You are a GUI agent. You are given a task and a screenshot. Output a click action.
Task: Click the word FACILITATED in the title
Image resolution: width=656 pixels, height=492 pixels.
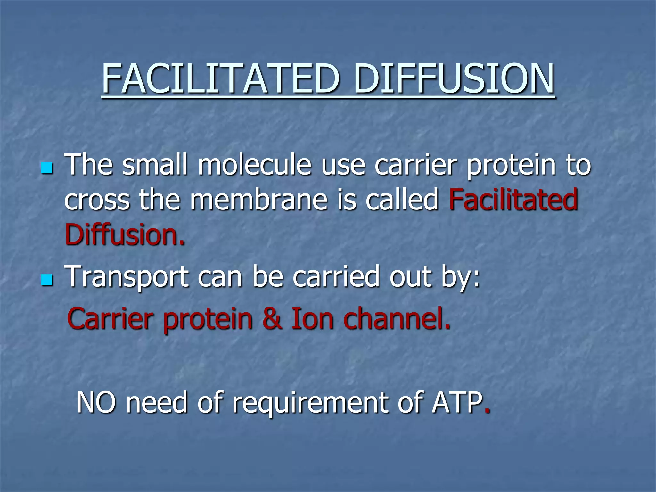220,78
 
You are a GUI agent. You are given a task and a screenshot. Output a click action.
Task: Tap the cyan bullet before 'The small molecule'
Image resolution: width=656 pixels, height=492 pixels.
47,168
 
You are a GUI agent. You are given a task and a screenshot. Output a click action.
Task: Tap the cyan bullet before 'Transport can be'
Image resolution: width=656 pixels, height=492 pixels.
47,280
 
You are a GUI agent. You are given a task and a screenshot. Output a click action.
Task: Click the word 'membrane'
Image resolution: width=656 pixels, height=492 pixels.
259,200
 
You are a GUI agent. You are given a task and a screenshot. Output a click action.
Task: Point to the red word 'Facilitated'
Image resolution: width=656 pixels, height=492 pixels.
513,200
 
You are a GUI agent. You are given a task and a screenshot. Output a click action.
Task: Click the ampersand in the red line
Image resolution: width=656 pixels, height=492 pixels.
272,319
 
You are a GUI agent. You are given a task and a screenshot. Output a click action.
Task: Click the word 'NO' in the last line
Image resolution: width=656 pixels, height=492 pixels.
96,403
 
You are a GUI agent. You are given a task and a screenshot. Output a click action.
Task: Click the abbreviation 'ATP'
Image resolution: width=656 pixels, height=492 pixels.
457,403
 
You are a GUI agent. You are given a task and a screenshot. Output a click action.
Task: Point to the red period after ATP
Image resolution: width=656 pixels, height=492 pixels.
487,412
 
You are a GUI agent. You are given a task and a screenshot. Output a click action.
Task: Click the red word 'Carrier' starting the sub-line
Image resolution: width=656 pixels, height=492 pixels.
110,319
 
